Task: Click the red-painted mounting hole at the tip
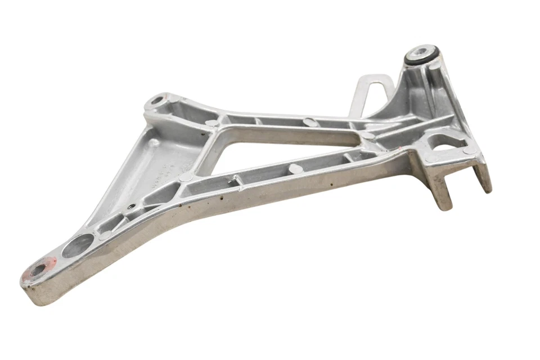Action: tap(39, 269)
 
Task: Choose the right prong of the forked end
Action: tap(483, 175)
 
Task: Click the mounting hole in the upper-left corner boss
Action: tap(156, 102)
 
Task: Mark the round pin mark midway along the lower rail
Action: tap(294, 167)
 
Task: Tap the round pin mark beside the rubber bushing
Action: tap(436, 66)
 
